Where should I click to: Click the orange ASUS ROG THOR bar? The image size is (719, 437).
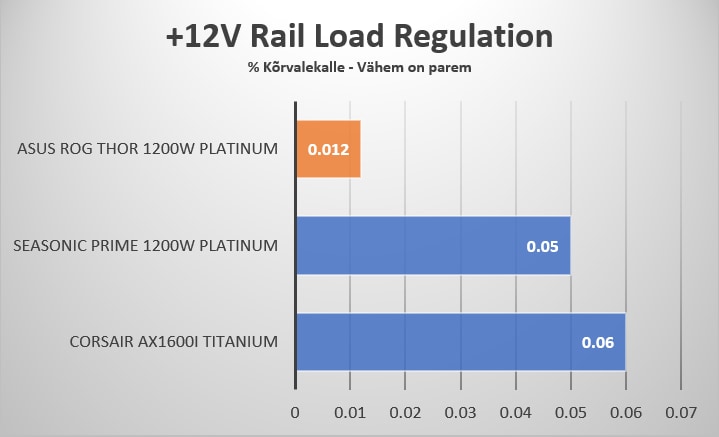point(328,149)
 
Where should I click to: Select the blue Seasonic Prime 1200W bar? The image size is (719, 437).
point(432,245)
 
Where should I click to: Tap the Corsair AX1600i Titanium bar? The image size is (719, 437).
point(460,342)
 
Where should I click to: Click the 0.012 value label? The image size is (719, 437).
point(327,150)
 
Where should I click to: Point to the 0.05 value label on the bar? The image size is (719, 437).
point(543,246)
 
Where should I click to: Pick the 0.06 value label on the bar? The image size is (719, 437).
point(598,342)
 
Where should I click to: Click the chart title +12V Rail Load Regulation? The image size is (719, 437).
point(359,37)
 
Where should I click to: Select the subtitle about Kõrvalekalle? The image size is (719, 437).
point(359,68)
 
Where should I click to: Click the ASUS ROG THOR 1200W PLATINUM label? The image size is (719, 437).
point(147,150)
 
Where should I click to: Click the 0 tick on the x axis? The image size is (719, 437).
point(295,411)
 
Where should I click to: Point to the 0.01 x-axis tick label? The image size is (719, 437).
point(350,411)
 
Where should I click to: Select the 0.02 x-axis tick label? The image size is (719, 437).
point(405,411)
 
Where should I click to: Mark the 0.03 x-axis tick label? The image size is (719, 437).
point(460,411)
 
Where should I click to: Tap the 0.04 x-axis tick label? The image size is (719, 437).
point(515,411)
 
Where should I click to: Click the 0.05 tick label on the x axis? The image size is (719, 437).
point(570,411)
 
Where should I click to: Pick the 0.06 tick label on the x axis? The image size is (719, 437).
point(625,411)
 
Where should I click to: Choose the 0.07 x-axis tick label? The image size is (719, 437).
point(680,411)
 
